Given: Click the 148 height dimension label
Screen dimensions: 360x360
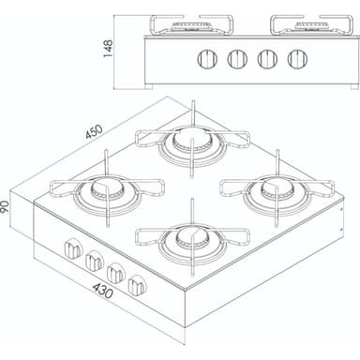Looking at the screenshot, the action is pyautogui.click(x=108, y=48).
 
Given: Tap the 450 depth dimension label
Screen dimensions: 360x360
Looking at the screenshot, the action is pyautogui.click(x=94, y=131).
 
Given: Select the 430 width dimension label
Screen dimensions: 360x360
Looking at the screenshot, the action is pyautogui.click(x=103, y=291).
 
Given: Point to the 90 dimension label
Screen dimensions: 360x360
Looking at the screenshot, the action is pyautogui.click(x=5, y=207).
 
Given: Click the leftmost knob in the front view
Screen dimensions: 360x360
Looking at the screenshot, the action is pyautogui.click(x=207, y=59).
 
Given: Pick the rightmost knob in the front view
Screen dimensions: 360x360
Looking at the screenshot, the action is pyautogui.click(x=297, y=59).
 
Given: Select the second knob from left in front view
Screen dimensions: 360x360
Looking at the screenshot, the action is pyautogui.click(x=237, y=59).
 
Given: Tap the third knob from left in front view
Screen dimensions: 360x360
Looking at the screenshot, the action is pyautogui.click(x=267, y=59).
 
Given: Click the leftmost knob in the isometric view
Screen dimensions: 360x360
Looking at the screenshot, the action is pyautogui.click(x=72, y=249).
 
